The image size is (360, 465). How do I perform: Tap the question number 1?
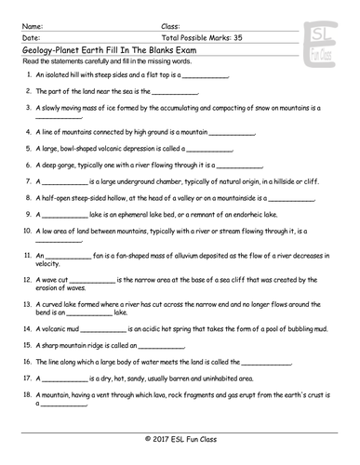(31, 74)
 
